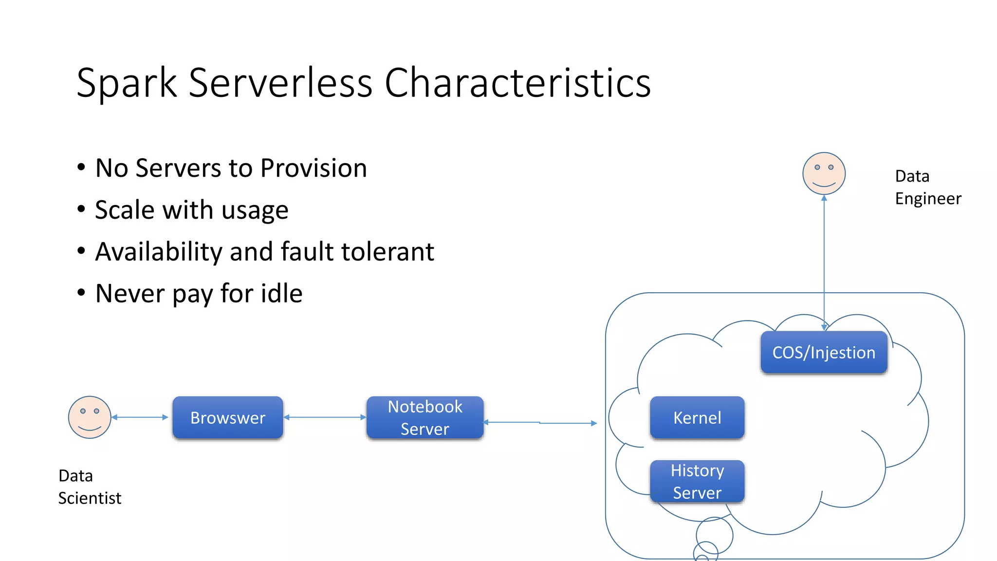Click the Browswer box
[227, 417]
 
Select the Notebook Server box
[425, 417]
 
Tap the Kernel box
[697, 417]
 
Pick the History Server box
[697, 481]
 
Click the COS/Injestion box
[824, 352]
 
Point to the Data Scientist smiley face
[90, 417]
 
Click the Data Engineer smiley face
[824, 173]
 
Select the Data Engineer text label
[927, 187]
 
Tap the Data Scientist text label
[90, 486]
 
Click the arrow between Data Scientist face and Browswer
[140, 417]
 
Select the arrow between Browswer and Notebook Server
[324, 417]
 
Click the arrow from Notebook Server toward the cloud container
[540, 423]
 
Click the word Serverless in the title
[280, 83]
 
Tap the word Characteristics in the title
[517, 83]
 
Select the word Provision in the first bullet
[314, 168]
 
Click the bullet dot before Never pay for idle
[81, 293]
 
